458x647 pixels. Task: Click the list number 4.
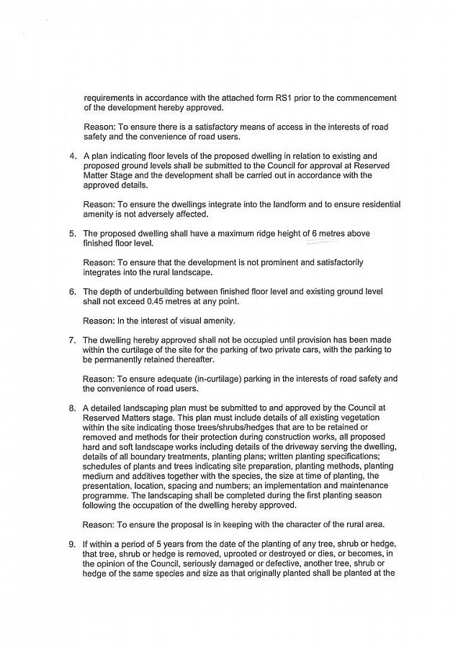click(x=73, y=156)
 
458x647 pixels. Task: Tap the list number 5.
click(x=73, y=234)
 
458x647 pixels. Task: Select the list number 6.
click(x=73, y=292)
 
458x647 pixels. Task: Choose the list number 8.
click(x=73, y=408)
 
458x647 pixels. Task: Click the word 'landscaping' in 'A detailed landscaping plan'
click(x=144, y=408)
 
